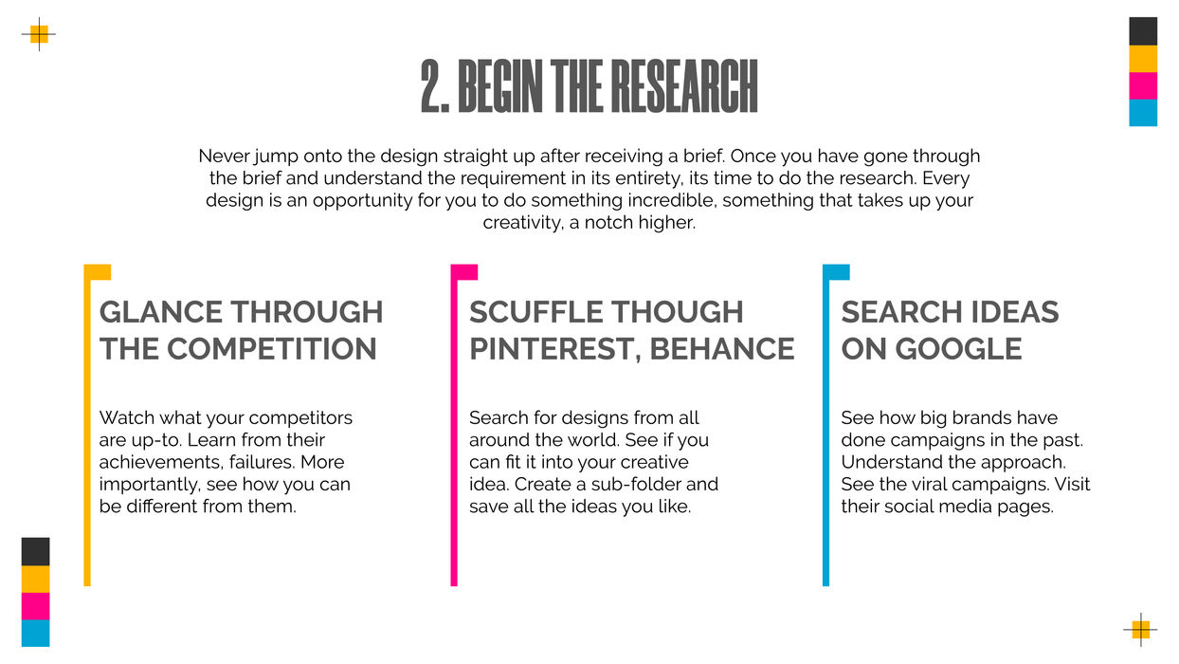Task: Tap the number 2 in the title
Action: click(x=434, y=86)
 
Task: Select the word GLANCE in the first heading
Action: click(x=161, y=311)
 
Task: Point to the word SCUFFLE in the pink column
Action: click(x=535, y=311)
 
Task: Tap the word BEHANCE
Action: click(x=722, y=348)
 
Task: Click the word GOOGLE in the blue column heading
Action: click(x=958, y=348)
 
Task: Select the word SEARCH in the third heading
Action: click(x=902, y=311)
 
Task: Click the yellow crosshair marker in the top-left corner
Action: click(x=39, y=34)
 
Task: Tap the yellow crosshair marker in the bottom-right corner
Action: click(x=1140, y=629)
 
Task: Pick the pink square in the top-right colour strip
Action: click(x=1143, y=86)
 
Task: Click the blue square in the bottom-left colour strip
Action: click(x=35, y=633)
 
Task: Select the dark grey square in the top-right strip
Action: click(x=1143, y=31)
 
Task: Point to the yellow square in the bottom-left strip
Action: click(x=35, y=579)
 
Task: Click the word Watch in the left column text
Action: click(x=127, y=417)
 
